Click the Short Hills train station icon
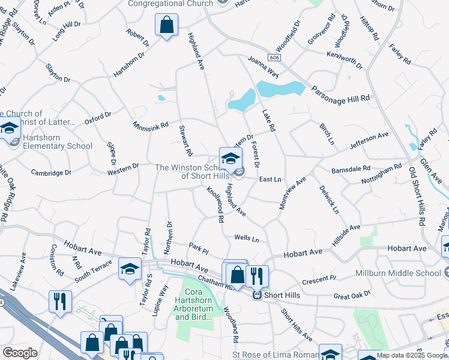257,295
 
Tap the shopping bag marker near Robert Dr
166,26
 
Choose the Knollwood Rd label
215,205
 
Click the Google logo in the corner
20,353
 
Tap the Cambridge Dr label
51,172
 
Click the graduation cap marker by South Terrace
130,270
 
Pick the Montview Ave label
292,193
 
